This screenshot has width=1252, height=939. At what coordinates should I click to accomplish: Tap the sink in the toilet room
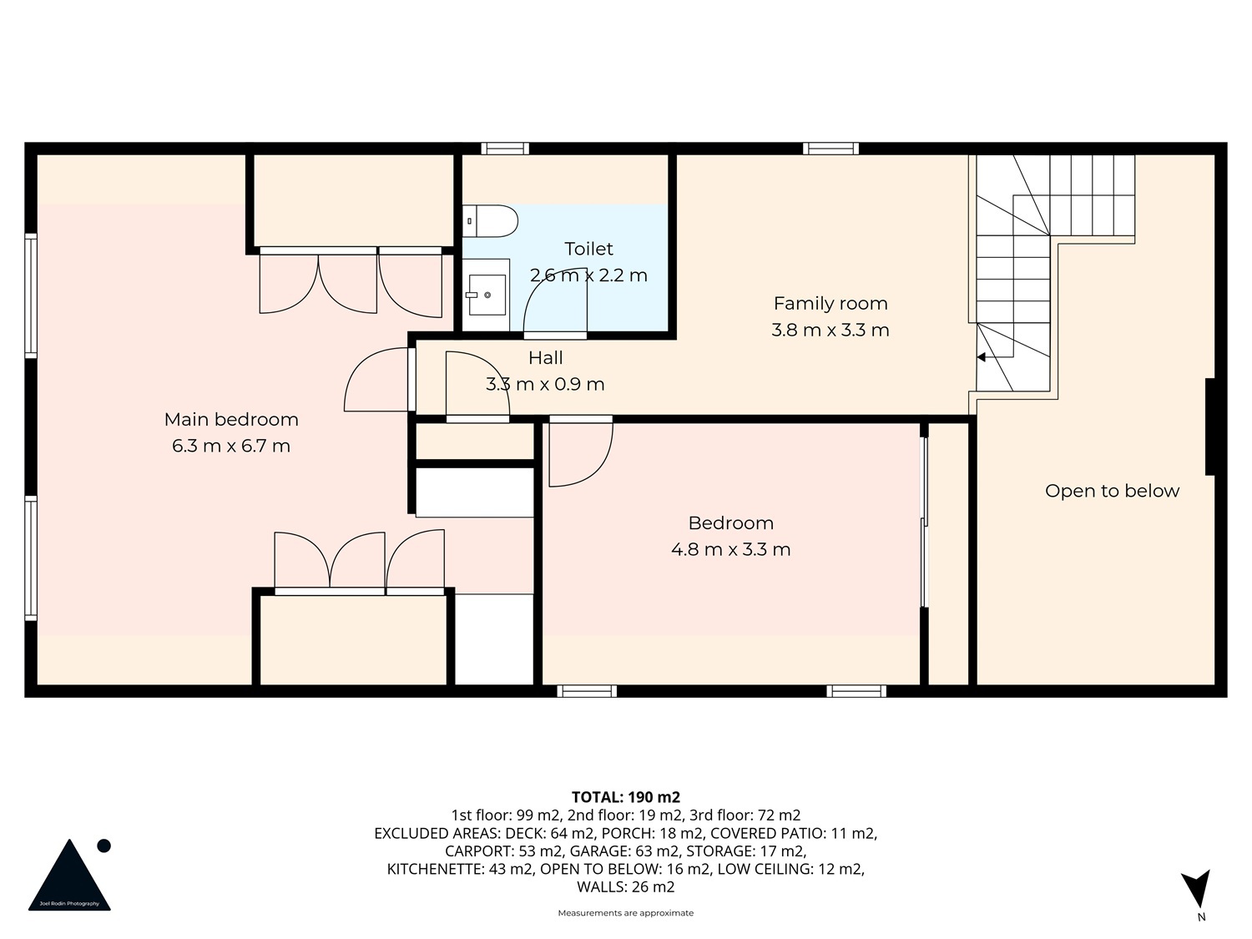point(487,295)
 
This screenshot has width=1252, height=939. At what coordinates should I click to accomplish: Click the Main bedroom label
point(231,420)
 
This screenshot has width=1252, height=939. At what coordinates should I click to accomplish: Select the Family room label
point(830,303)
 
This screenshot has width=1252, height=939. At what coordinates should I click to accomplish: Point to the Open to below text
point(1112,491)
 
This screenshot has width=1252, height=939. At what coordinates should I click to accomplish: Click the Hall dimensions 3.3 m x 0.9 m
point(545,384)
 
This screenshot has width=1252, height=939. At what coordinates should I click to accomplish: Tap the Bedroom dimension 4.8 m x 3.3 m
point(730,549)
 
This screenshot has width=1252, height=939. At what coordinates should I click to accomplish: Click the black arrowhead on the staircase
point(981,357)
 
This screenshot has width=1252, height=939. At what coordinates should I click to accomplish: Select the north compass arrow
point(1196,888)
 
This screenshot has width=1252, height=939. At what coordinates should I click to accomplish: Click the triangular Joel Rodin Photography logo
point(69,875)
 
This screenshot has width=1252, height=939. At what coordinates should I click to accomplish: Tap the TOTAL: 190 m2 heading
point(626,797)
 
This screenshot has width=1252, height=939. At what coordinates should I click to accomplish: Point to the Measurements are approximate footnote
point(626,913)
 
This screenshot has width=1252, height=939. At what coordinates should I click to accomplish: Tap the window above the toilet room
point(505,149)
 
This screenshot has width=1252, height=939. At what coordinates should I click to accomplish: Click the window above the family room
point(830,149)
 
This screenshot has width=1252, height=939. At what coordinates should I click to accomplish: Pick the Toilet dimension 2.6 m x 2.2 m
point(588,276)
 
